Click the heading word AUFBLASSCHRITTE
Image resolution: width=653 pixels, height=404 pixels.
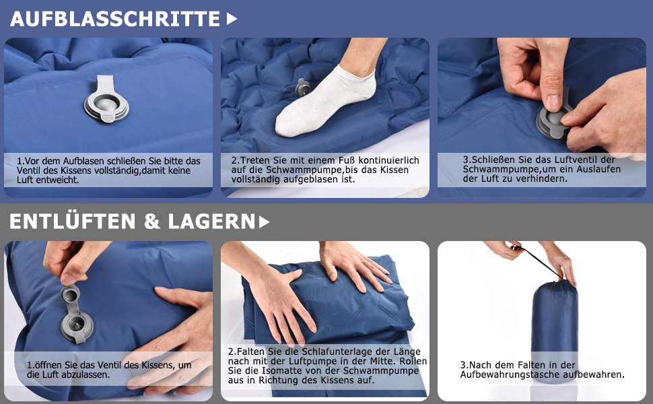115,19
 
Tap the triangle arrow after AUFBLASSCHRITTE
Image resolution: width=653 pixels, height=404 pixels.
232,19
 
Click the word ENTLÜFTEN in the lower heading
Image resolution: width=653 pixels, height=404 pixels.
73,221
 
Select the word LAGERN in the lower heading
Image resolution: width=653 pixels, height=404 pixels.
211,222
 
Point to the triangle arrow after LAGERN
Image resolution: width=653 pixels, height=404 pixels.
264,222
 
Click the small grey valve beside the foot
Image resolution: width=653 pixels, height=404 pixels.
302,87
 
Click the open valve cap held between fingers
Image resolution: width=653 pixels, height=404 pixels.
71,294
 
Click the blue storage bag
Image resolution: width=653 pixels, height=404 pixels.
555,325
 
